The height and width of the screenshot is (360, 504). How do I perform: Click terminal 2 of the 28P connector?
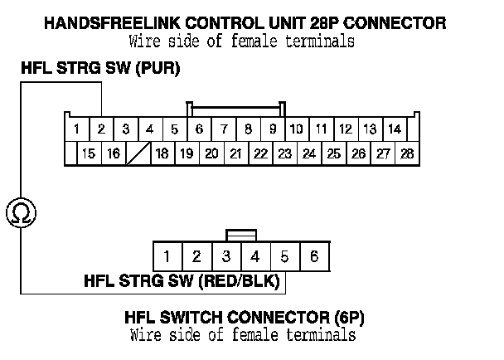101,129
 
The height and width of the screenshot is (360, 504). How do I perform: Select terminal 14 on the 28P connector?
394,129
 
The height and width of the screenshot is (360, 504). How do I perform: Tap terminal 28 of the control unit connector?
406,153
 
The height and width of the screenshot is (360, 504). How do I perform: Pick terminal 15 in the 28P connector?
88,153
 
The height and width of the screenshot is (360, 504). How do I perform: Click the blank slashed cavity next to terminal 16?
138,153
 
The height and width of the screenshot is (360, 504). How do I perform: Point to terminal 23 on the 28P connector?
284,153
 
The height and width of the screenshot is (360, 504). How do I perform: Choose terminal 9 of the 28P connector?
272,129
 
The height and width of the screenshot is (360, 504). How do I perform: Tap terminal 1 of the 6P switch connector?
167,255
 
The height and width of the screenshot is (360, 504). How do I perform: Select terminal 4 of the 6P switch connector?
255,255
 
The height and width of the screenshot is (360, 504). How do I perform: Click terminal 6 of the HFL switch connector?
314,255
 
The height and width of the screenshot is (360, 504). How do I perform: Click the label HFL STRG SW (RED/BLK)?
182,280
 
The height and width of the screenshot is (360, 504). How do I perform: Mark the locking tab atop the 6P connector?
241,236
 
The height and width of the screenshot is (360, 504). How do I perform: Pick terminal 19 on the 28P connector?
187,153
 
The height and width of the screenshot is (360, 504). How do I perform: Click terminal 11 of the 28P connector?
320,129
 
